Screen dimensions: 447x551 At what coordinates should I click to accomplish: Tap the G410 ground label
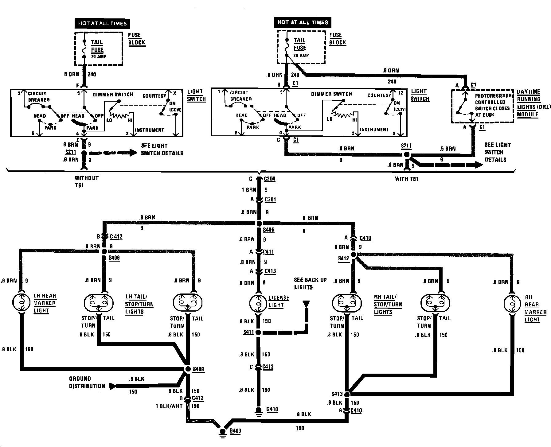coord(272,409)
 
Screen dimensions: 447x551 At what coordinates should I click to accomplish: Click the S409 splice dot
coord(187,369)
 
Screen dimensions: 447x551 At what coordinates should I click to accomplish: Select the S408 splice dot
coord(104,251)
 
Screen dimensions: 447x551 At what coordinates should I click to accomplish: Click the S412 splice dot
coord(353,255)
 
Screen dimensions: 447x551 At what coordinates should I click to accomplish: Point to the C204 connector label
coord(269,179)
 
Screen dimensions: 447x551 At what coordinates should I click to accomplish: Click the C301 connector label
coord(270,200)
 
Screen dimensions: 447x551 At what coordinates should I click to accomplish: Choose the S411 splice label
coord(248,332)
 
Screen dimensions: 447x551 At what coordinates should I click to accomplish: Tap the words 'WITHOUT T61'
coord(87,181)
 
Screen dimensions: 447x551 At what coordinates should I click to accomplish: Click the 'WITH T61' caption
coord(406,179)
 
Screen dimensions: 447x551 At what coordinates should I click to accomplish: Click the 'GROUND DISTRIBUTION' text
coord(87,383)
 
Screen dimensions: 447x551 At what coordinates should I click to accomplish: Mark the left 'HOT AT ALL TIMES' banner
coord(102,23)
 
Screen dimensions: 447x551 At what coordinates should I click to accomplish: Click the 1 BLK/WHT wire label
coord(169,406)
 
